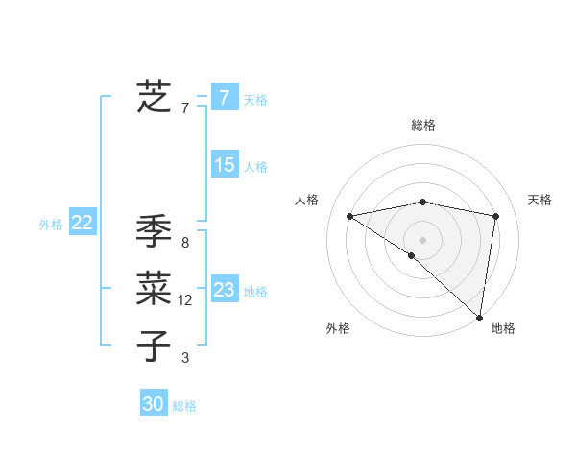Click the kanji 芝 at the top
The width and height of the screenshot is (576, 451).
tap(154, 96)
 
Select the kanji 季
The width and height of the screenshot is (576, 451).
tap(154, 232)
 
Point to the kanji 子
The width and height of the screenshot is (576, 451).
tap(154, 344)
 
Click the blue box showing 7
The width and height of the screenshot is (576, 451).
tap(224, 97)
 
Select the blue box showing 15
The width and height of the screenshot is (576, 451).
tap(224, 165)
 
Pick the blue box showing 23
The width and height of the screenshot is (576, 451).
tap(224, 289)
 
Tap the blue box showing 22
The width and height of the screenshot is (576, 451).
tap(82, 223)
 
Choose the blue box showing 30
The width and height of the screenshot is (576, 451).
tap(153, 404)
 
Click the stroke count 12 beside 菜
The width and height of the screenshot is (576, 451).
tap(185, 300)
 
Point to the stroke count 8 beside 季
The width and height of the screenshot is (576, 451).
tap(184, 243)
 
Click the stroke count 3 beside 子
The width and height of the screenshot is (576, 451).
tap(185, 358)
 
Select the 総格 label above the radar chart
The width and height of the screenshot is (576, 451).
tap(422, 125)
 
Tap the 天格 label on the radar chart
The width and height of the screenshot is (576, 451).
tap(540, 200)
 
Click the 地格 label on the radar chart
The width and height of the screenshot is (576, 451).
tap(503, 328)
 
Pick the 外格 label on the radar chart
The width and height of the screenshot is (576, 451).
tap(338, 328)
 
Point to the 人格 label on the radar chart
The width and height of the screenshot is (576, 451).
tap(306, 200)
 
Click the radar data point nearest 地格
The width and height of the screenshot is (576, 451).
tap(478, 317)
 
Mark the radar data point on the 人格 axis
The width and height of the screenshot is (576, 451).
tap(349, 215)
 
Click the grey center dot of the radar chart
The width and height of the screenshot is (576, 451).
tap(422, 239)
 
